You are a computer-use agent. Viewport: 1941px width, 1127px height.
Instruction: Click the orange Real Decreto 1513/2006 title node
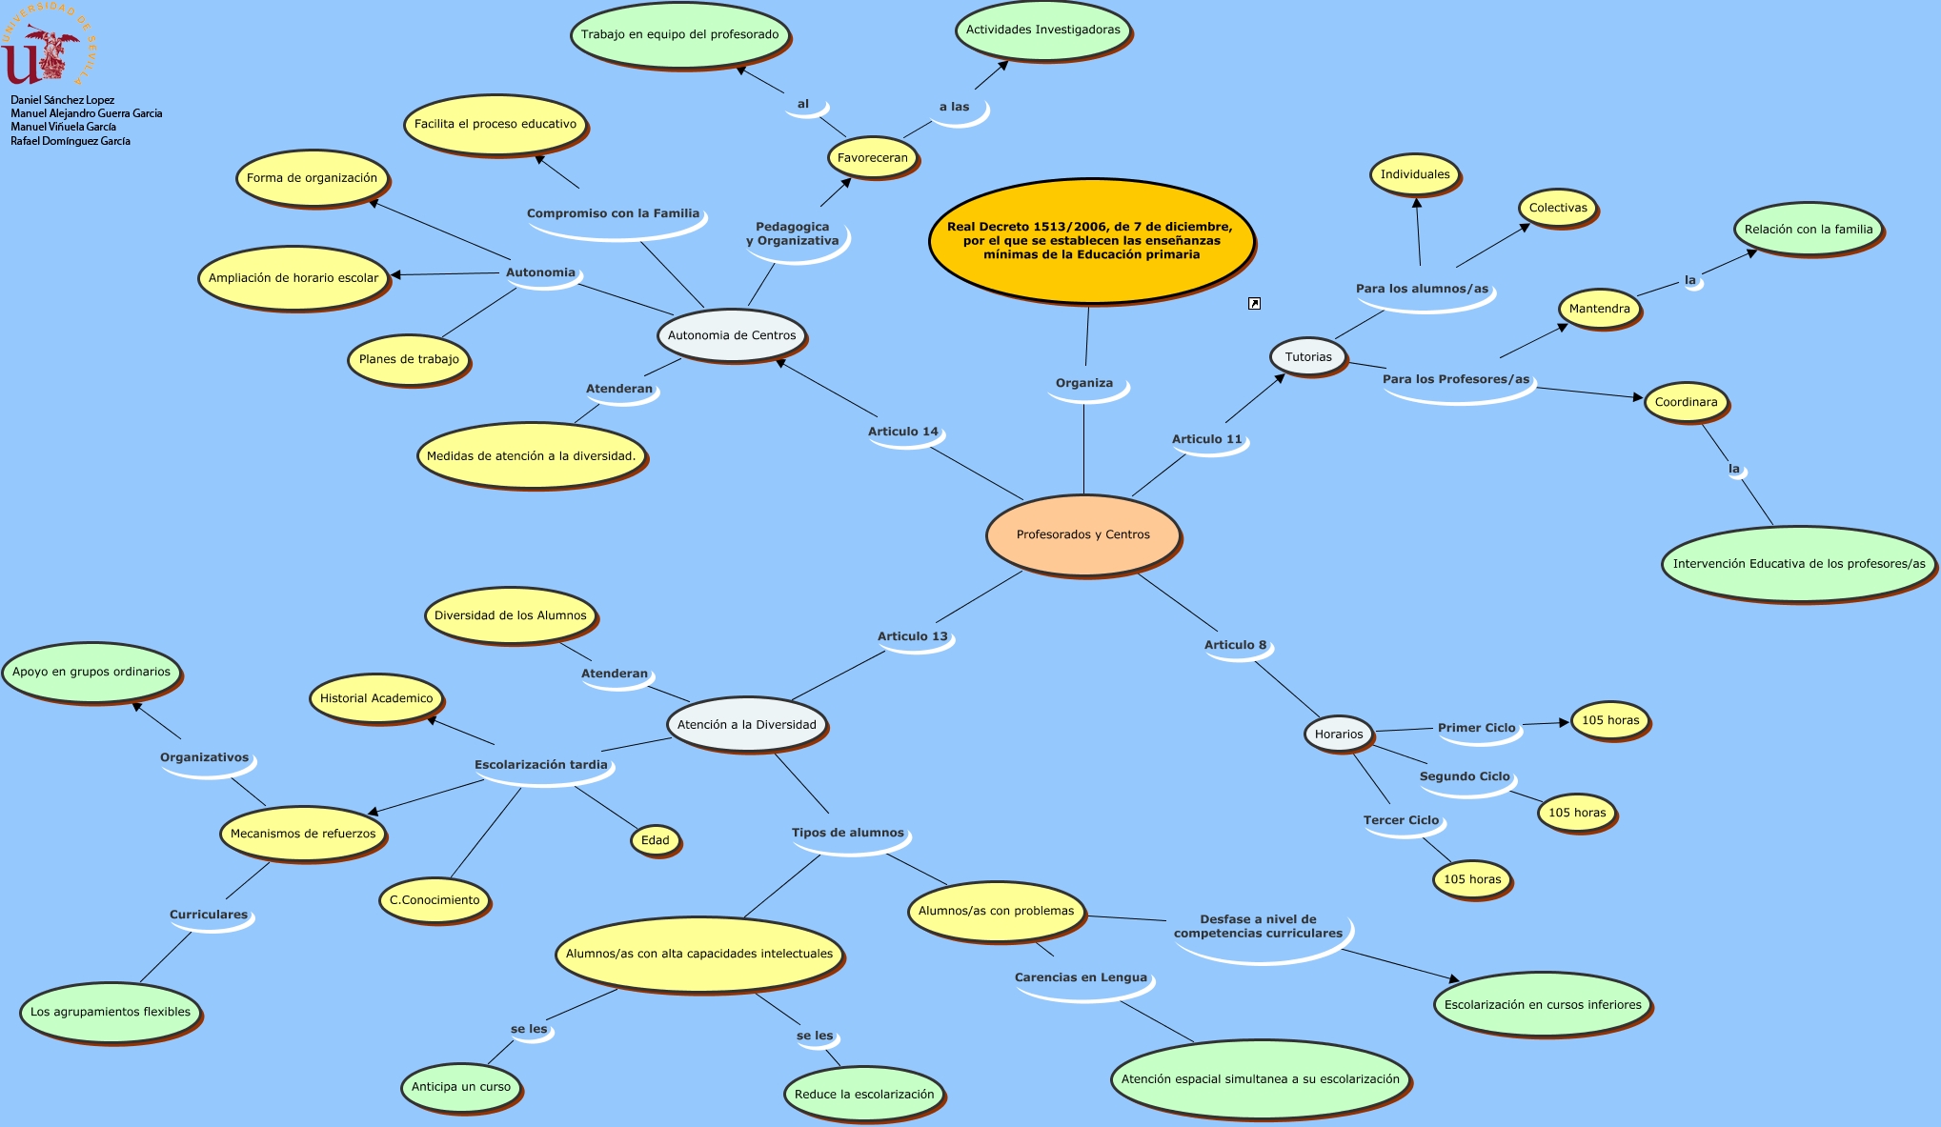pyautogui.click(x=1090, y=241)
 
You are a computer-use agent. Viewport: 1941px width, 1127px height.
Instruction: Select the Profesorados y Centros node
pyautogui.click(x=1083, y=534)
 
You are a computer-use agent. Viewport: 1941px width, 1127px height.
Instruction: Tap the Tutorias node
pyautogui.click(x=1308, y=357)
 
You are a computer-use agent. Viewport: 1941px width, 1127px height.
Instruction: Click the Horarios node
pyautogui.click(x=1339, y=734)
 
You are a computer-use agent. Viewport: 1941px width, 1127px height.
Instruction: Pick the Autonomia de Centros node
pyautogui.click(x=732, y=335)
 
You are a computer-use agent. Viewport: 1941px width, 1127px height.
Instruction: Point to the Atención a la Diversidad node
pyautogui.click(x=747, y=724)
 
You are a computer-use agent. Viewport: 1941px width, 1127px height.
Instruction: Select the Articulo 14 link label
pyautogui.click(x=903, y=432)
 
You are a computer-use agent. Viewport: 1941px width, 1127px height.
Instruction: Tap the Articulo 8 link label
pyautogui.click(x=1236, y=645)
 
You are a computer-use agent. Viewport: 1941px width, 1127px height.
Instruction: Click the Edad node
pyautogui.click(x=655, y=840)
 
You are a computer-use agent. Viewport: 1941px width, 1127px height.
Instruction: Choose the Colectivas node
pyautogui.click(x=1558, y=208)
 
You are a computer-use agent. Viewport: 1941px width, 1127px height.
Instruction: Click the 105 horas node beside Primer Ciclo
pyautogui.click(x=1610, y=720)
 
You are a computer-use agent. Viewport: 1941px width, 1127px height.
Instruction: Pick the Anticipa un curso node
pyautogui.click(x=461, y=1087)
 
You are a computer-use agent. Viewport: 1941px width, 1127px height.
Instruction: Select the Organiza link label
pyautogui.click(x=1084, y=383)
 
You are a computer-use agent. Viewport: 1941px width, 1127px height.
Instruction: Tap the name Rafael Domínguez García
pyautogui.click(x=71, y=141)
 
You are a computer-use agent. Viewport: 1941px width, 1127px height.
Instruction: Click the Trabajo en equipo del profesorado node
pyautogui.click(x=680, y=34)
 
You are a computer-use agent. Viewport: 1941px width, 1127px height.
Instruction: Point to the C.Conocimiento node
pyautogui.click(x=435, y=900)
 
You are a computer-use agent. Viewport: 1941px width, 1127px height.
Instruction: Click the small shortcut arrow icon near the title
pyautogui.click(x=1254, y=304)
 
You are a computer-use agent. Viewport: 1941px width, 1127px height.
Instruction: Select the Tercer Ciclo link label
pyautogui.click(x=1401, y=820)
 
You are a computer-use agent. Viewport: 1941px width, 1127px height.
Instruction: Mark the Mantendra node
pyautogui.click(x=1600, y=309)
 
